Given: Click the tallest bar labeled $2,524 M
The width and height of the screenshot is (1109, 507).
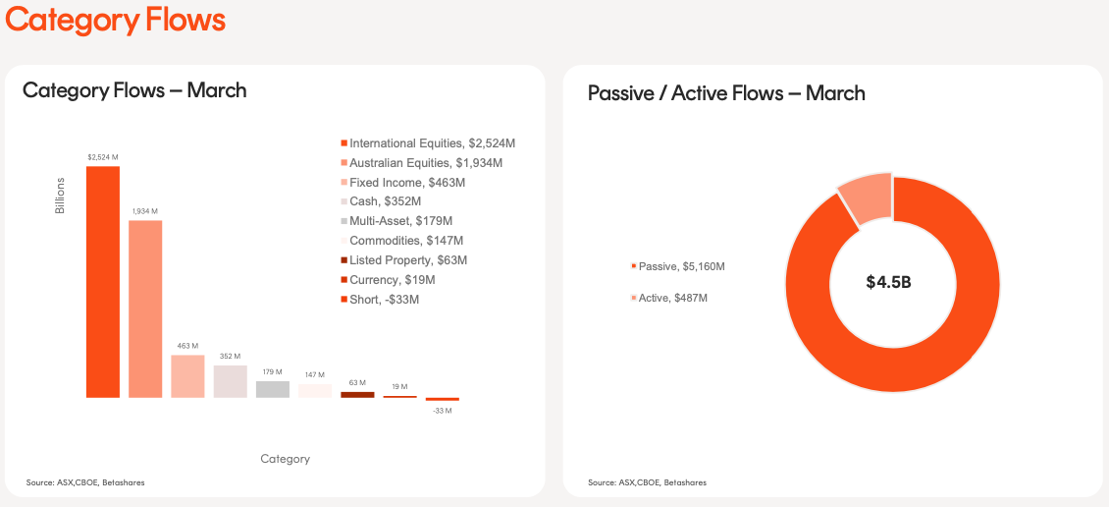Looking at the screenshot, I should [102, 282].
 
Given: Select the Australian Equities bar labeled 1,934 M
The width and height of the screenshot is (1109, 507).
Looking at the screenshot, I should [145, 309].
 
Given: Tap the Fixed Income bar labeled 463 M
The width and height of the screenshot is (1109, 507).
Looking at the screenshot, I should [187, 376].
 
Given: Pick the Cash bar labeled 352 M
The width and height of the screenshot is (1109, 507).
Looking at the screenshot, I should [230, 381].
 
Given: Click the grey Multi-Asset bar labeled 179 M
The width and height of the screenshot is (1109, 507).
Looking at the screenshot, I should [273, 389].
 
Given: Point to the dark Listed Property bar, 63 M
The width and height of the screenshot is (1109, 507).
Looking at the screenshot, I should [357, 394].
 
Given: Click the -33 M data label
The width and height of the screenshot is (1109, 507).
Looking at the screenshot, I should [443, 410].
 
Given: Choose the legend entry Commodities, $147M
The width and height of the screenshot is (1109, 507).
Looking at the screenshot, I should [406, 241].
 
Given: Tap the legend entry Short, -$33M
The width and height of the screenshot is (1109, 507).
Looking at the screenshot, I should [384, 300].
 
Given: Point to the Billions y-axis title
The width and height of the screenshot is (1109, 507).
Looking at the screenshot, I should [60, 197].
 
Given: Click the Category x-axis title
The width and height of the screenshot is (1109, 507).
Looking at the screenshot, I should [285, 459].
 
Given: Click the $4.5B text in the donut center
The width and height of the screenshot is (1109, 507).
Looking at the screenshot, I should [888, 282].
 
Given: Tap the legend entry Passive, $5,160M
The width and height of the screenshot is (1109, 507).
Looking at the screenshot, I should [681, 266].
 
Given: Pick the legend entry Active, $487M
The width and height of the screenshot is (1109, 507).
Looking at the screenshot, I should [672, 298].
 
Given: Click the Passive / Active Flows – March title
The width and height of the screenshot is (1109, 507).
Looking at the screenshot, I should [726, 93].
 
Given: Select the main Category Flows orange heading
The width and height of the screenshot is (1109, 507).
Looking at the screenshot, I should [116, 20].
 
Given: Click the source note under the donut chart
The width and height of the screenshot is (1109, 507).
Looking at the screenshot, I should [647, 482].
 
